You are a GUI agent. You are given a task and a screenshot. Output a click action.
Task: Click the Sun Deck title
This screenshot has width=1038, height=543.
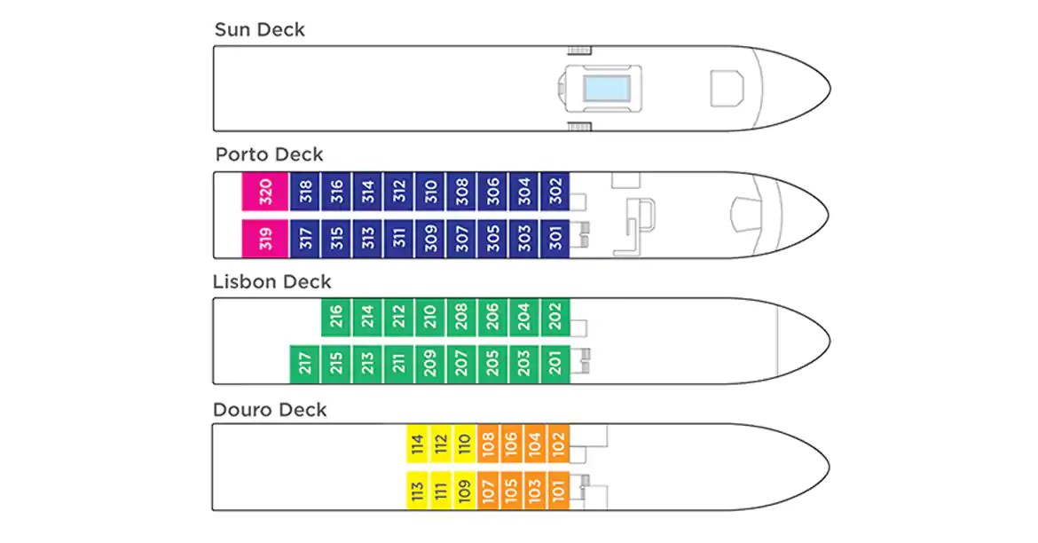point(259,30)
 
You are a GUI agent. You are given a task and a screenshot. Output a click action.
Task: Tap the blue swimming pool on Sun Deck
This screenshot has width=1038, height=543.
point(606,88)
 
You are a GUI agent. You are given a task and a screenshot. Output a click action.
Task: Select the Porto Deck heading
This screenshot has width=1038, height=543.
point(269,154)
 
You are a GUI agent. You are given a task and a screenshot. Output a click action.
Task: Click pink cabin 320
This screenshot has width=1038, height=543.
point(265,192)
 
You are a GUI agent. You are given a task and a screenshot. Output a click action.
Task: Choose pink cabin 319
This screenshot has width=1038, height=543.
point(265,239)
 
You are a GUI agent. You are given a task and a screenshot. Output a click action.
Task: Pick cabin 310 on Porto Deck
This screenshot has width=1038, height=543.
point(430,192)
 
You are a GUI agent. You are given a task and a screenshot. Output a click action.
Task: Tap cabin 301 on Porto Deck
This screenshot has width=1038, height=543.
point(555,239)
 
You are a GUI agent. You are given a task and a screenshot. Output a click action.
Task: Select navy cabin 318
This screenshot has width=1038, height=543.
point(305,192)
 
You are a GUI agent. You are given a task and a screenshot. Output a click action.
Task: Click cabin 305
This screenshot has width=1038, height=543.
point(492,239)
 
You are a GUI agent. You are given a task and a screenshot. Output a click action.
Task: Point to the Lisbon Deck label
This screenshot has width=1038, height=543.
point(271,282)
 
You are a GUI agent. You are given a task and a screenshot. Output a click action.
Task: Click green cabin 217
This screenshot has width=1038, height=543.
point(305,364)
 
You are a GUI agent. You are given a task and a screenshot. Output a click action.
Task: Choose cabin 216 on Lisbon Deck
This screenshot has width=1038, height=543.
point(336,317)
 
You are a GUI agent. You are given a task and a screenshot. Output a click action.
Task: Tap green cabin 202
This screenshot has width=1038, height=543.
point(555,317)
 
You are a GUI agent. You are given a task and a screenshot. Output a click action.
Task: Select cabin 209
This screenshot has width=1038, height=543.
point(430,364)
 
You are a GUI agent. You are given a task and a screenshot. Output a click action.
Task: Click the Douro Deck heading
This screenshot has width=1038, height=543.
point(270,410)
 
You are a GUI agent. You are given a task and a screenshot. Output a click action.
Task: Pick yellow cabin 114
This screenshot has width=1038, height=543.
point(418,443)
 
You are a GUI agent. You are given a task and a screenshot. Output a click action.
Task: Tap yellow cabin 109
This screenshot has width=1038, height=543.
point(465,491)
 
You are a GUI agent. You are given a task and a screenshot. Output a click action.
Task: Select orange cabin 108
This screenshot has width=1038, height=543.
point(489,443)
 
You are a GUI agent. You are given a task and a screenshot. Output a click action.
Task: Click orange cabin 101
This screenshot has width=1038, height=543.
point(558,491)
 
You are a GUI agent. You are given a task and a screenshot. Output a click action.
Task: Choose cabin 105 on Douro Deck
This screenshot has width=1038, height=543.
point(512,491)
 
